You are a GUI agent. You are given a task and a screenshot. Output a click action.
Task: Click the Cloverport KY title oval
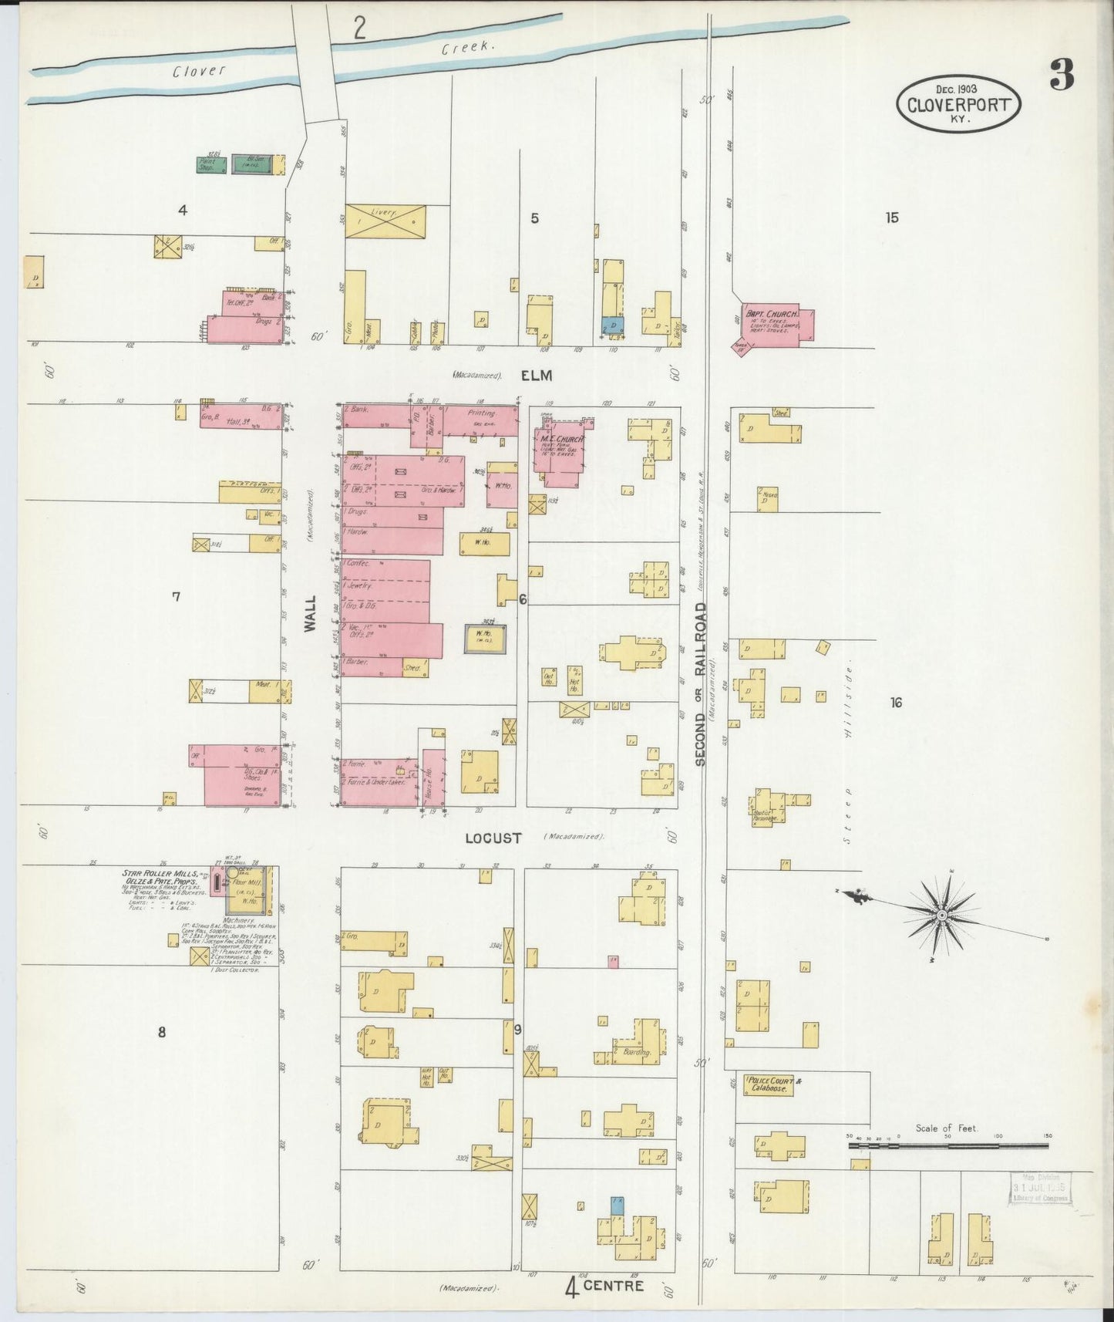[x=958, y=104]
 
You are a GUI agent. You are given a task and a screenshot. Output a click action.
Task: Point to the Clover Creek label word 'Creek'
[x=467, y=48]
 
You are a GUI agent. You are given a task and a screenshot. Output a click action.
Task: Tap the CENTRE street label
[x=613, y=1285]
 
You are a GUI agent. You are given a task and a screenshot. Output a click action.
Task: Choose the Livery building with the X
[x=385, y=221]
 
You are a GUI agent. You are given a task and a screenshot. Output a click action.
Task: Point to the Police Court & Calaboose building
[x=769, y=1085]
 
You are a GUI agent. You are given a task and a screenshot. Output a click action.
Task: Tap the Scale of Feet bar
[x=947, y=1145]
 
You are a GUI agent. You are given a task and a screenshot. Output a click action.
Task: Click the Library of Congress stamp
[x=1039, y=1188]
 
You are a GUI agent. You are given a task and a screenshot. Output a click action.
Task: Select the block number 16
[x=895, y=703]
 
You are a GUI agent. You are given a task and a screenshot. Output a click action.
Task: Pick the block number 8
[x=162, y=1032]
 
